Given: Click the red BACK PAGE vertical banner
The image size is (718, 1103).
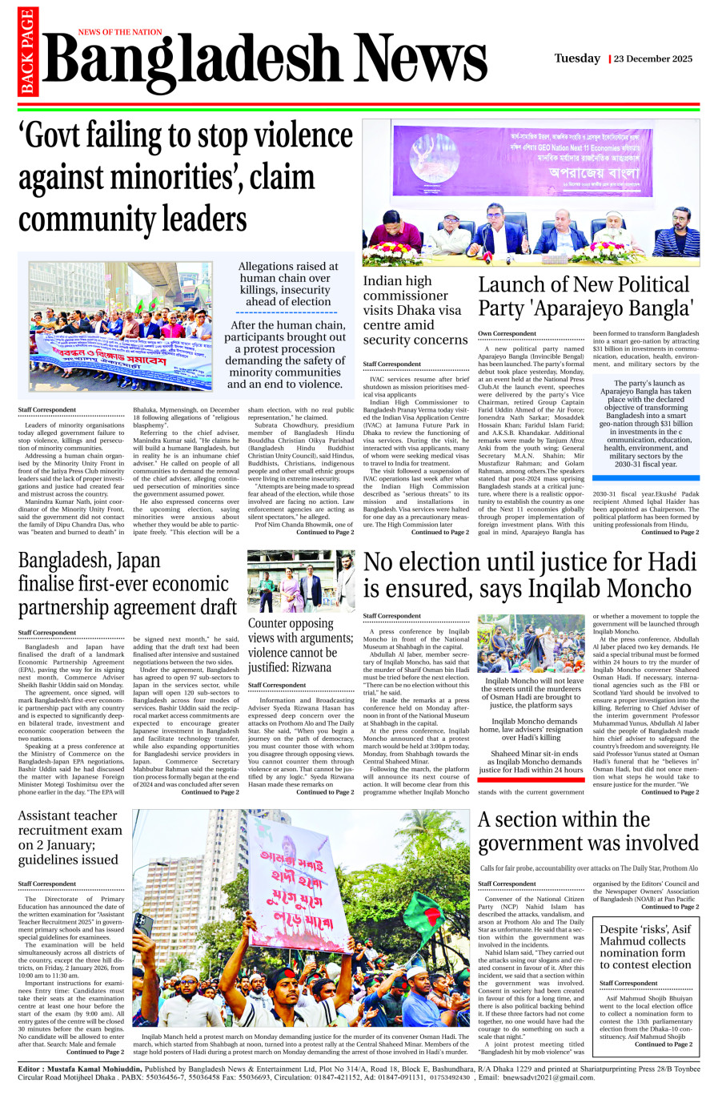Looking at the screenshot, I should [x=28, y=51].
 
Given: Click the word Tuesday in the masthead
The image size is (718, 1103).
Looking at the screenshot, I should [x=577, y=58].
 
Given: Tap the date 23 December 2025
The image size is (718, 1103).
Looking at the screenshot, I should [x=653, y=59].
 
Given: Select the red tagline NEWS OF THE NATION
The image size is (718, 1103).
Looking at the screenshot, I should [x=120, y=32].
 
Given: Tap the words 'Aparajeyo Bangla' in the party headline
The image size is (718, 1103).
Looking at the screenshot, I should [x=584, y=308].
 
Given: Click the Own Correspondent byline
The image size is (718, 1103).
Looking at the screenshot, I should [x=507, y=333].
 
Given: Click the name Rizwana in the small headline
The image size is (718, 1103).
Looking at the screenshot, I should [x=312, y=667].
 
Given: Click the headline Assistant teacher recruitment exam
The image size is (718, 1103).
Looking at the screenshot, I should [x=68, y=838].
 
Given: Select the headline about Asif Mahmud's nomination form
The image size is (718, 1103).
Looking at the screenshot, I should [x=645, y=947].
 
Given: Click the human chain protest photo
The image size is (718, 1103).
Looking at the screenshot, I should [x=121, y=326].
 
